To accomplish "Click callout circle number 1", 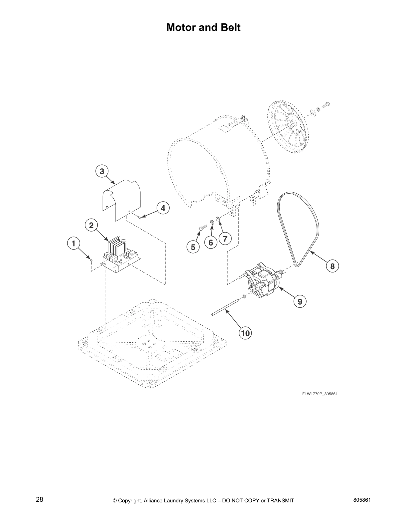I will (73, 243).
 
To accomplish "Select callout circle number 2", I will (91, 225).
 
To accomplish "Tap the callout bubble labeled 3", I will (102, 171).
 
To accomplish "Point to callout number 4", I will (163, 209).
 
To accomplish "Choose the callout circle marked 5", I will (193, 247).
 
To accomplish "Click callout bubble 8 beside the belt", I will (332, 266).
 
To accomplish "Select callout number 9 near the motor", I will (300, 301).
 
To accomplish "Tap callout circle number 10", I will (245, 333).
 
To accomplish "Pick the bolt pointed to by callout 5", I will (203, 227).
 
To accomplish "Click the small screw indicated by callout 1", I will (90, 260).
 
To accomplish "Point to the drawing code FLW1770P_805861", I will (320, 394).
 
